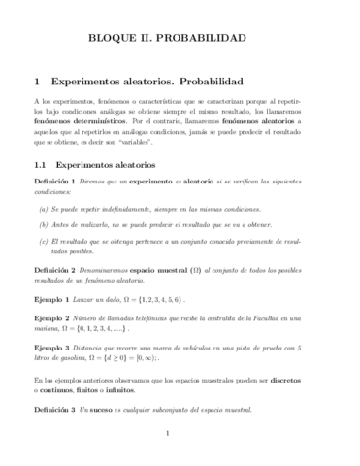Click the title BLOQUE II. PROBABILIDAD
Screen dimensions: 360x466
(180, 39)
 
